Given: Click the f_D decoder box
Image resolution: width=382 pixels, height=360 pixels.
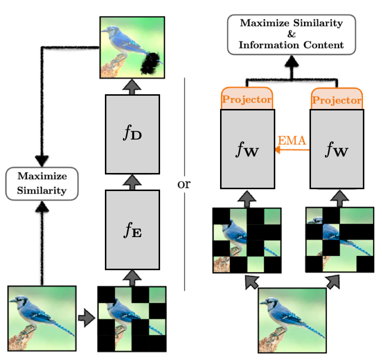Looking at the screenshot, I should [132, 134].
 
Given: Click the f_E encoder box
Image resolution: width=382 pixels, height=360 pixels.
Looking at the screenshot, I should [132, 229].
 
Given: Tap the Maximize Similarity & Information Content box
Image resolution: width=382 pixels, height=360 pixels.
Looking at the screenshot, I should [291, 35].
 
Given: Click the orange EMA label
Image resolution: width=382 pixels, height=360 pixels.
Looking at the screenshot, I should [293, 141].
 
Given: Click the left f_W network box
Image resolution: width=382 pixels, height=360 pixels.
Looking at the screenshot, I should [247, 149].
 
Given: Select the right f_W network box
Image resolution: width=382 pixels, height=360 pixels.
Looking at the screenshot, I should [337, 149].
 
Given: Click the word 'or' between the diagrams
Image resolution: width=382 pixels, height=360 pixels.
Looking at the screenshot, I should [184, 183].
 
